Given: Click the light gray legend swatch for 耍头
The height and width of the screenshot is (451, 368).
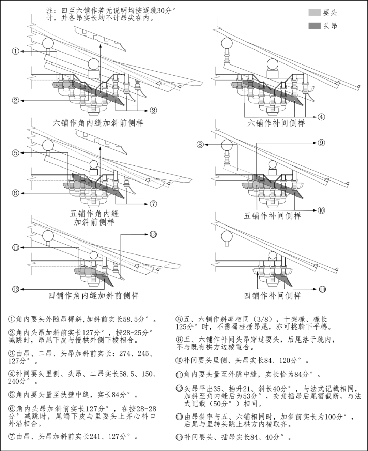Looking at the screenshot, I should tap(314, 13).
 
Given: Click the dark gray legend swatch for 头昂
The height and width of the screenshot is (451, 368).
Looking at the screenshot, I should tap(314, 26).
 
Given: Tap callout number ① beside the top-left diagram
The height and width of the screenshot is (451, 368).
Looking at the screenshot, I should tap(15, 51).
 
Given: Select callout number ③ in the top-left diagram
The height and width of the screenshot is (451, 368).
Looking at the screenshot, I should tap(153, 110).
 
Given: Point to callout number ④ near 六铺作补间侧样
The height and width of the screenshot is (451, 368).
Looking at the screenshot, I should tap(321, 117).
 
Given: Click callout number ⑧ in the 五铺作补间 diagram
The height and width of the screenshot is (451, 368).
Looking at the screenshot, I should tap(200, 144).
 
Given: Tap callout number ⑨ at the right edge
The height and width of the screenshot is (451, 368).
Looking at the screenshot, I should tap(321, 143).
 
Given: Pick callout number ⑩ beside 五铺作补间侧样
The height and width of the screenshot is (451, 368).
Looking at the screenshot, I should tap(321, 210).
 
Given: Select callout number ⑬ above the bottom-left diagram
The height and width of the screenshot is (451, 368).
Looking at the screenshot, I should tap(153, 234).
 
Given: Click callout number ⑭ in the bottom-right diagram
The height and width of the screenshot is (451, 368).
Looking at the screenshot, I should tap(322, 289).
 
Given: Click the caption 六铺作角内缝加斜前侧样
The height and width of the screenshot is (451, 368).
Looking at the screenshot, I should tap(98, 123).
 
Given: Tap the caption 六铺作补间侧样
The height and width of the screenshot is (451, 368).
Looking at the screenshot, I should tap(276, 123).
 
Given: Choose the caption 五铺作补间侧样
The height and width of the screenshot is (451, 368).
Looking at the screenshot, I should tap(272, 216).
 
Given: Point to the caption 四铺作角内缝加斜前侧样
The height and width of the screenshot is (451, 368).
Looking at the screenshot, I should tap(93, 295).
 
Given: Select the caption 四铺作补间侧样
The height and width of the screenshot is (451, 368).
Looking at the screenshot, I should tap(272, 295).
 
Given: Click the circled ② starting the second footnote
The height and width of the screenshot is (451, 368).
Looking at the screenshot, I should tap(12, 332).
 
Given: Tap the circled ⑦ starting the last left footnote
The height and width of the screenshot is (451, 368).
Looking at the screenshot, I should tap(12, 436).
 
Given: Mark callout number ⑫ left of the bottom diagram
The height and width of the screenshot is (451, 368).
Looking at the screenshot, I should tap(15, 289).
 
